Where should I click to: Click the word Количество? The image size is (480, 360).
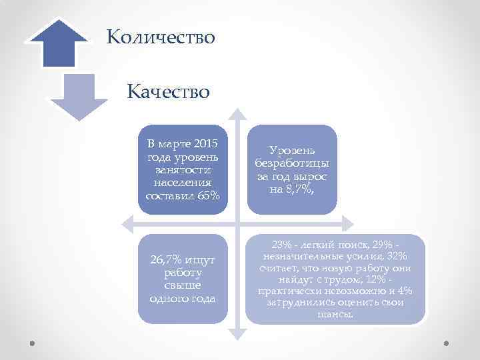tap(161, 36)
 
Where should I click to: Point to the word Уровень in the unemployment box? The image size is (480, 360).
tap(292, 151)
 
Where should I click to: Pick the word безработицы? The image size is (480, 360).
tap(292, 164)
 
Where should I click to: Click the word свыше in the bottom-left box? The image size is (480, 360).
tap(182, 286)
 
